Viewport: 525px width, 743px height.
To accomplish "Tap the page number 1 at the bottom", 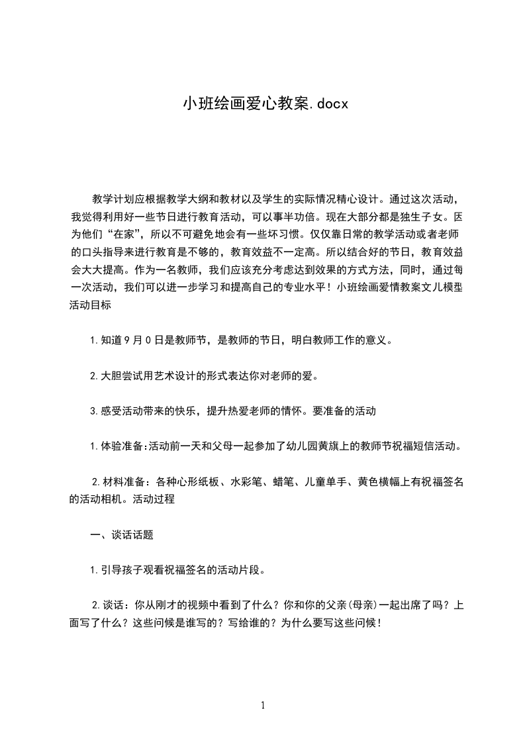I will tap(263, 705).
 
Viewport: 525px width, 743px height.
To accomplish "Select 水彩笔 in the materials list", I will tap(248, 481).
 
